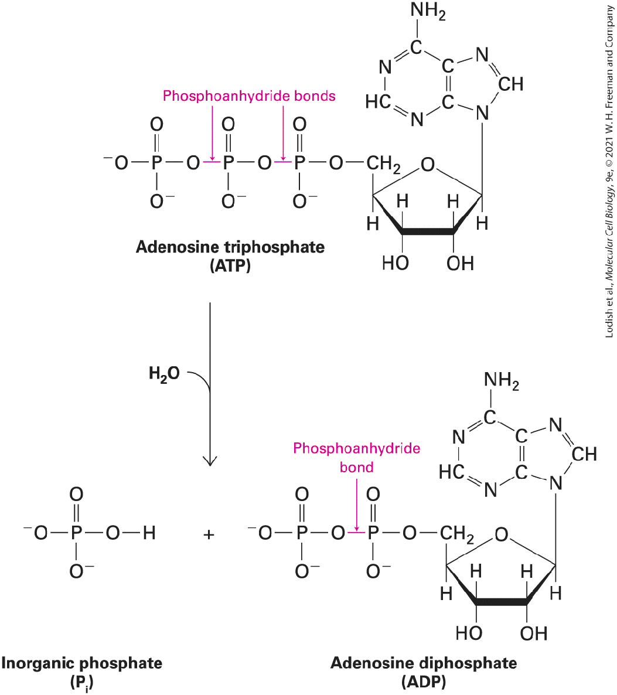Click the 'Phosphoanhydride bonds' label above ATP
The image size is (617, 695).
click(249, 96)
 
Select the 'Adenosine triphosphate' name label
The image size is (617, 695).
click(230, 247)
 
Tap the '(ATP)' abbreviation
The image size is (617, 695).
click(230, 266)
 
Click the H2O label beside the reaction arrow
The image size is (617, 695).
click(164, 374)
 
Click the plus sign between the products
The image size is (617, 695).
click(209, 534)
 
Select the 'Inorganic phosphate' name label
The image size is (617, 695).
click(82, 663)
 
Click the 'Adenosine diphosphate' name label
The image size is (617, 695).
click(424, 663)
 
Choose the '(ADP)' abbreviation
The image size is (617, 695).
click(424, 682)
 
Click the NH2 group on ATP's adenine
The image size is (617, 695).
click(428, 11)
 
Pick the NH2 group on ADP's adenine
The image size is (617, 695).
click(502, 381)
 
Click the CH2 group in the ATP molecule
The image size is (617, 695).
click(383, 165)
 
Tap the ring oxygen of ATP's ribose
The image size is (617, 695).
click(428, 165)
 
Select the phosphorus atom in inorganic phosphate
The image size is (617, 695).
click(76, 532)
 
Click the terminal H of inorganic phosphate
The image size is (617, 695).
click(149, 532)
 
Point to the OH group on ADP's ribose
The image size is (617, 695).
click(534, 633)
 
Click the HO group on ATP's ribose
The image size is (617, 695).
click(396, 263)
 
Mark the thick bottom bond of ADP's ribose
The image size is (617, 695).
click(502, 602)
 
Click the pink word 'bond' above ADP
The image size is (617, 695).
click(356, 467)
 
